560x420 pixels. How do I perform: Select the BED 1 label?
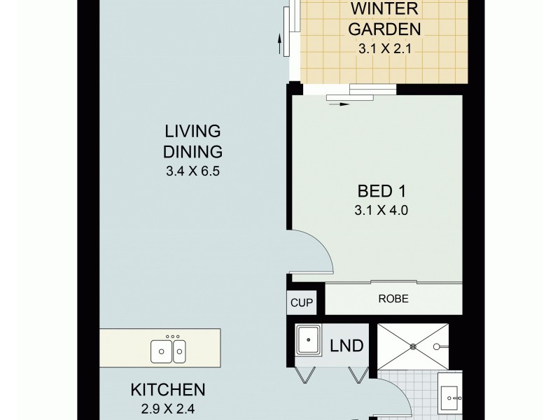pos(381,190)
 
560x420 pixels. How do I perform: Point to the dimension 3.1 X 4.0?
pos(381,208)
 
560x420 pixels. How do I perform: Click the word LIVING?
pos(192,131)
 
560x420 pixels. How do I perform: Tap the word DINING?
pos(192,150)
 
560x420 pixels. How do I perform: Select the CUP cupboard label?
pos(301,303)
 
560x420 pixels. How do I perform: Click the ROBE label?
pos(393,298)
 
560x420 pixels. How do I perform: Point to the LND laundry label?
pos(347,346)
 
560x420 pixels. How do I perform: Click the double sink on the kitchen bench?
pos(169,349)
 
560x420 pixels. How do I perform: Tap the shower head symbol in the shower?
pos(442,346)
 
